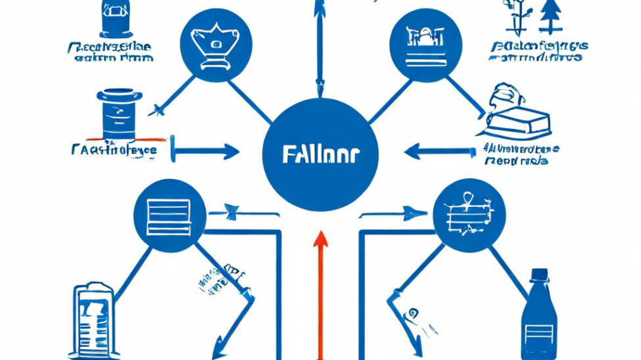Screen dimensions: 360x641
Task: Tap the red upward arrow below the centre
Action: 320,289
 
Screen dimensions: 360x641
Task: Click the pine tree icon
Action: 551,16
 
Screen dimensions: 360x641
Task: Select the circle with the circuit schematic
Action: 469,215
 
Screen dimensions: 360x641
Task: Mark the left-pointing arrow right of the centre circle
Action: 437,152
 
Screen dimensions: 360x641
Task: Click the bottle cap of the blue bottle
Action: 539,274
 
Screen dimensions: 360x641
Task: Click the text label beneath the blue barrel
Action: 114,150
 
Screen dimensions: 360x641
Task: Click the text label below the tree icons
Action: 537,51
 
